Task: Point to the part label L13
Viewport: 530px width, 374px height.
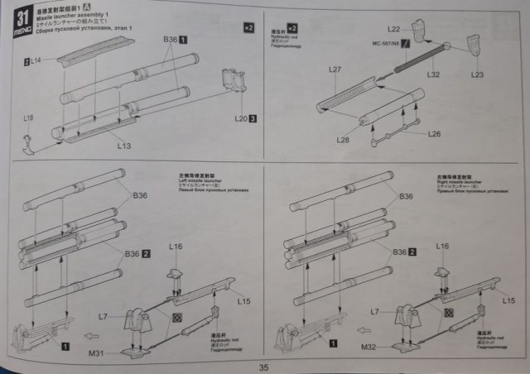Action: pos(124,146)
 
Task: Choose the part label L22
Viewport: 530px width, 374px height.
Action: pos(417,29)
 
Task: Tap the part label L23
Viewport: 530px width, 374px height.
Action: pos(477,74)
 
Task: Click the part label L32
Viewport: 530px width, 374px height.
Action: pos(433,74)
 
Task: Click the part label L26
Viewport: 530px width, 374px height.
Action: pos(435,133)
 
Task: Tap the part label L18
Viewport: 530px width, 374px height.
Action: pos(30,118)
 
